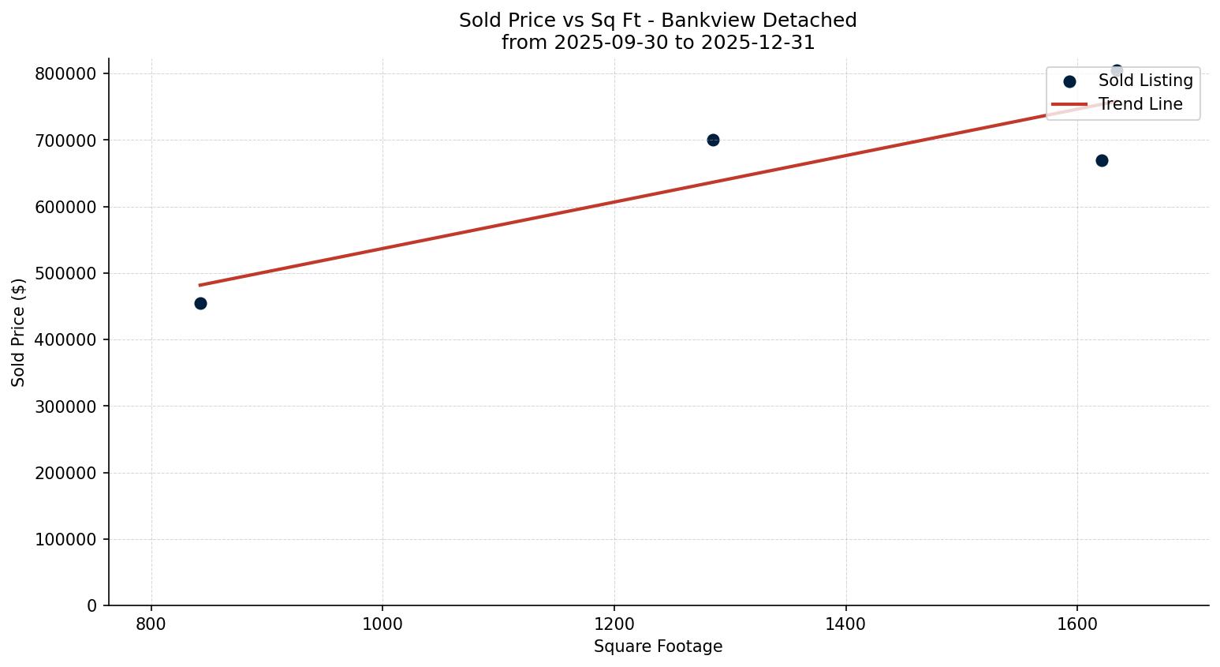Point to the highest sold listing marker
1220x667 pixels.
[x=1116, y=70]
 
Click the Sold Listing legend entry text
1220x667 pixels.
[x=1145, y=81]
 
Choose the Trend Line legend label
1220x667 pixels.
[x=1140, y=104]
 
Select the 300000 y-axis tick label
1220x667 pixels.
[x=66, y=407]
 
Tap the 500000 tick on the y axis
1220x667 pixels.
[x=66, y=273]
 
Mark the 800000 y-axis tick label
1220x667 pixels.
[x=66, y=73]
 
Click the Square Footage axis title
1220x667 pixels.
[x=658, y=647]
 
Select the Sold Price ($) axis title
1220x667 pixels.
[x=18, y=332]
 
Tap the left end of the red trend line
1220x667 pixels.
[x=200, y=285]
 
